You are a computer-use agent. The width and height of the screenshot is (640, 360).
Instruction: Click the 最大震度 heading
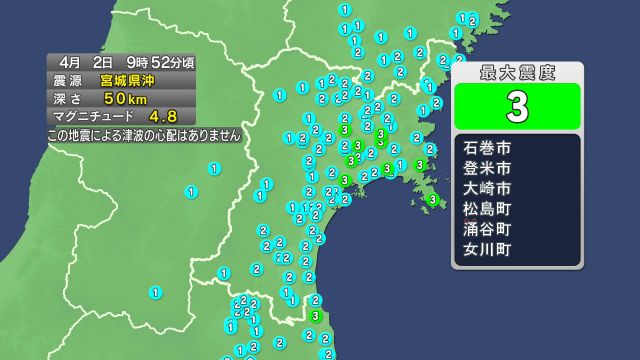click(517, 72)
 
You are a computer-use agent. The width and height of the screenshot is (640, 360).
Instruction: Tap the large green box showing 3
click(517, 106)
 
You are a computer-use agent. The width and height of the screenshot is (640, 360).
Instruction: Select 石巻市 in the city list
click(488, 148)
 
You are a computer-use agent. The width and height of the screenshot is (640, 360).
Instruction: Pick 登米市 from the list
click(488, 168)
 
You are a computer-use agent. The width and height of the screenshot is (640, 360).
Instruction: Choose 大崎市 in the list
click(488, 188)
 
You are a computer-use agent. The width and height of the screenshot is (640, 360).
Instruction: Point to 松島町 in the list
click(488, 208)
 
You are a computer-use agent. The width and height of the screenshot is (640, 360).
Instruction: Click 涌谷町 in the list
click(488, 228)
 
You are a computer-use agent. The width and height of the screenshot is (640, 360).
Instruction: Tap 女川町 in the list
click(488, 248)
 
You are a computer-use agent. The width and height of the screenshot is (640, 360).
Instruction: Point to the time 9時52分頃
click(160, 62)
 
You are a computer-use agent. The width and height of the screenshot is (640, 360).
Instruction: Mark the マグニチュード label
click(91, 116)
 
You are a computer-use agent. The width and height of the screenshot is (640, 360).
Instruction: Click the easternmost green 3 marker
click(432, 199)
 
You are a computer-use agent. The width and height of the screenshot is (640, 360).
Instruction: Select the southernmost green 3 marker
click(316, 316)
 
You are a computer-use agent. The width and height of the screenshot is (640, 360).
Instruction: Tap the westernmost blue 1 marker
click(155, 292)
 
